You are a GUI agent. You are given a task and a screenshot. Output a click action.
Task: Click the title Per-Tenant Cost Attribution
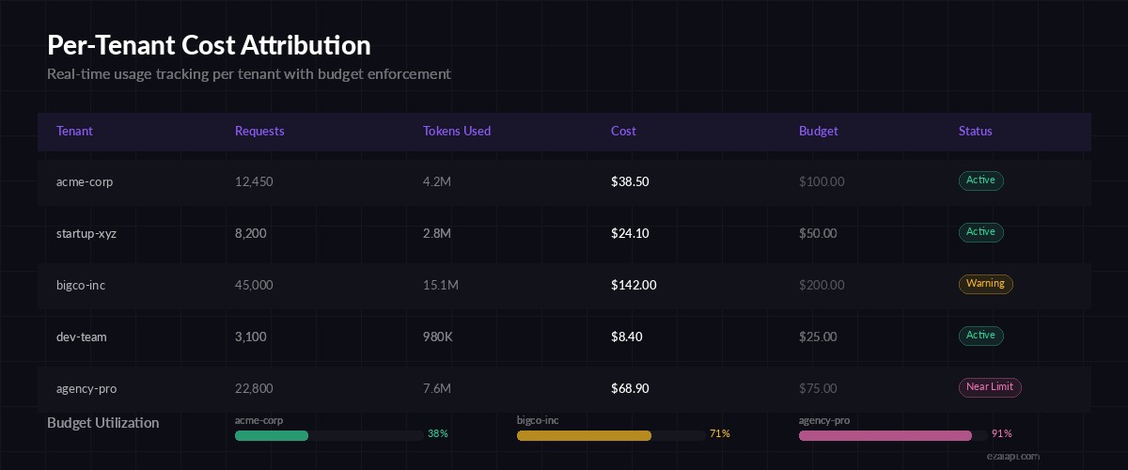point(209,45)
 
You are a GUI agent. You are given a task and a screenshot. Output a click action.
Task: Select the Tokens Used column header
point(457,132)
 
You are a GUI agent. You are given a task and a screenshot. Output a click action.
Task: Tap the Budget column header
point(819,132)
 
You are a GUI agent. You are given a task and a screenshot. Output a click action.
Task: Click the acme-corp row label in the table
point(85,181)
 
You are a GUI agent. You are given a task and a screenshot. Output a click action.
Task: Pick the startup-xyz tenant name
point(86,233)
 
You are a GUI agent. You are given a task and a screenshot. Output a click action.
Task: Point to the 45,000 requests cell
point(254,285)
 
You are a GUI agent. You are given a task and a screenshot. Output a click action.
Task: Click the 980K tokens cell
point(438,337)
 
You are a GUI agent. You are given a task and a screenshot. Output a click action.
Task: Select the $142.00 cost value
point(634,285)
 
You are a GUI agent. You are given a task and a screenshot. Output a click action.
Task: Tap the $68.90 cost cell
point(630,388)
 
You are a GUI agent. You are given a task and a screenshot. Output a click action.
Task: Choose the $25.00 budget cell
point(818,337)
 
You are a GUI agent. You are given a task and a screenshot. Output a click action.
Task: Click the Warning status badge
point(985,284)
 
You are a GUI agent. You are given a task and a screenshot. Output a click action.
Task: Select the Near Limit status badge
point(990,387)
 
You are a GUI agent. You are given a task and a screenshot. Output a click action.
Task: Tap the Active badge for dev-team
point(981,336)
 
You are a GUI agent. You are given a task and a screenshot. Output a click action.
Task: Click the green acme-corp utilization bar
point(272,435)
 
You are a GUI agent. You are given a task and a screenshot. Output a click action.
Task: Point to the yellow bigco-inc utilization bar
point(584,435)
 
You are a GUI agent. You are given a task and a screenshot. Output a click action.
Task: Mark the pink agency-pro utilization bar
point(885,435)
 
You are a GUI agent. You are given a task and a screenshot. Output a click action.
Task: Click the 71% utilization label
point(720,434)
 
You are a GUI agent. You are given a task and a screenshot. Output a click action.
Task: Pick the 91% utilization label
point(1002,434)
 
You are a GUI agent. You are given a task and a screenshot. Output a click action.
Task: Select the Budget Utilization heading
point(103,423)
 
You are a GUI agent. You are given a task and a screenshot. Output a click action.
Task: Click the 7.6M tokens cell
point(437,388)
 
